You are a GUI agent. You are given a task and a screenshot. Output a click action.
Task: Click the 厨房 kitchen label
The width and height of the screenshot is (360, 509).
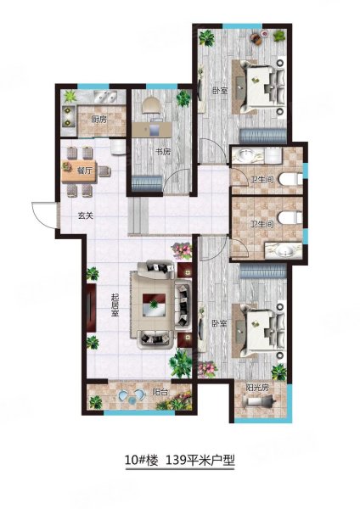(x=99, y=120)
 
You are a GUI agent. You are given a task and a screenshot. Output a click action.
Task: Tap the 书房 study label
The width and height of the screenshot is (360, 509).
(x=163, y=152)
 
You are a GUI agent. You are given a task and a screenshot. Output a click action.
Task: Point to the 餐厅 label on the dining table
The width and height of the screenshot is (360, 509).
(x=84, y=171)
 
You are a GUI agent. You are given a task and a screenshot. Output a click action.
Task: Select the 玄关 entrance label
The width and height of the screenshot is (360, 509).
(x=86, y=215)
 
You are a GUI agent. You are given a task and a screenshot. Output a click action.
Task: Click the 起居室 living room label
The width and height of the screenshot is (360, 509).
(x=115, y=305)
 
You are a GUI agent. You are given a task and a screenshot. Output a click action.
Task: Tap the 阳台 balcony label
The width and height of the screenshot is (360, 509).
(x=160, y=392)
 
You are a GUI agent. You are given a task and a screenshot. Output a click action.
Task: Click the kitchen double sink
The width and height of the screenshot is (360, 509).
(x=104, y=97)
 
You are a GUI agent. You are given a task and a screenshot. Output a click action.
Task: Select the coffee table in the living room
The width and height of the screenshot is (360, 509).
(x=155, y=305)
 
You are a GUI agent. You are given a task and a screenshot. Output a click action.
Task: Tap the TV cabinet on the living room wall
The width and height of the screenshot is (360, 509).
(x=91, y=308)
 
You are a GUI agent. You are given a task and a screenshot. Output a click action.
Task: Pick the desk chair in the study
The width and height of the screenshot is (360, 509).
(x=151, y=105)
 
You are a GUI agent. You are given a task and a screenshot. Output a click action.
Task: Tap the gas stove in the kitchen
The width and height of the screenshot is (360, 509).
(x=69, y=116)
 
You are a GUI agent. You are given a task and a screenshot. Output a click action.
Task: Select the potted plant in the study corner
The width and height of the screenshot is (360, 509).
(x=183, y=98)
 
